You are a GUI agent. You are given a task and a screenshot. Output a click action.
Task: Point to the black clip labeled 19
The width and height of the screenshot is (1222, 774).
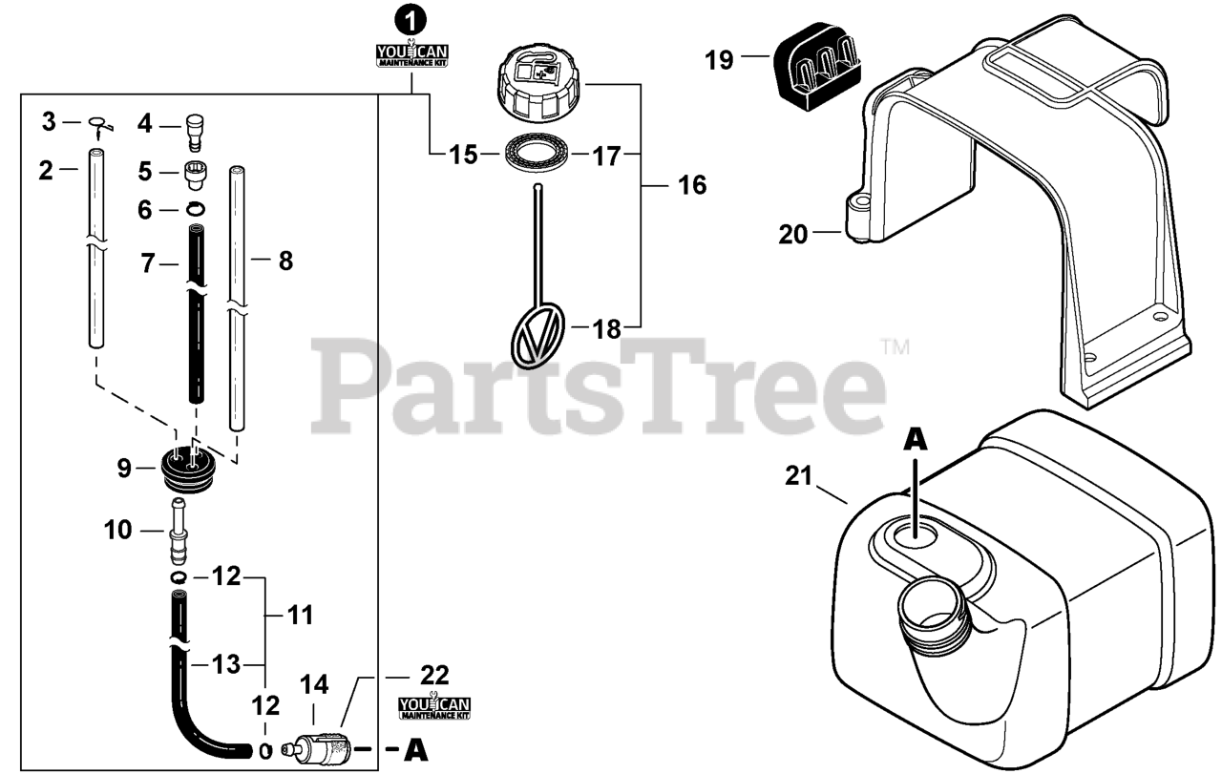[818, 59]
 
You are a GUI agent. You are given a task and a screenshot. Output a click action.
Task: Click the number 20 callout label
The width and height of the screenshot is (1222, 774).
[793, 233]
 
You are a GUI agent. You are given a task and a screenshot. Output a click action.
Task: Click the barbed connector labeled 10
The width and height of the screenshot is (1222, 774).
[178, 530]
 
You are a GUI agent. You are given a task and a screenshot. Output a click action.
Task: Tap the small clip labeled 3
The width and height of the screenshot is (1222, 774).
[97, 122]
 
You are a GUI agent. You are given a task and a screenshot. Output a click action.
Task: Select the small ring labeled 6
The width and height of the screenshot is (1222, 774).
[195, 209]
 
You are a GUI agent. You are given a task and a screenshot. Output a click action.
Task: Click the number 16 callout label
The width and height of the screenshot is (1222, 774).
[692, 184]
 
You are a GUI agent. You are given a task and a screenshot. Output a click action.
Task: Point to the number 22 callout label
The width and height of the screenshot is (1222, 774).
[434, 674]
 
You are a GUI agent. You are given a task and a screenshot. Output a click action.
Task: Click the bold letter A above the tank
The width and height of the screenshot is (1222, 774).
[916, 438]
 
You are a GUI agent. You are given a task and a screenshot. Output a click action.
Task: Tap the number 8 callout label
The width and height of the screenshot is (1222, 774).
[284, 260]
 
